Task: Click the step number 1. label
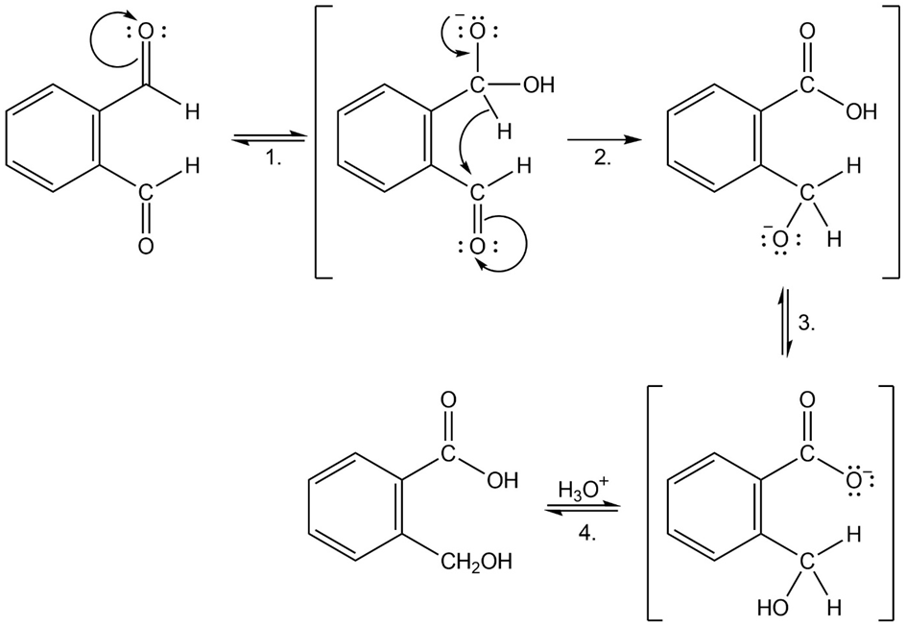click(274, 157)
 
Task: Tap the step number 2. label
click(603, 157)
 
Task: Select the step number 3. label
click(807, 323)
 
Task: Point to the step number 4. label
click(587, 533)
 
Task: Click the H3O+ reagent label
click(584, 489)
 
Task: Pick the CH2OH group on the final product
click(475, 562)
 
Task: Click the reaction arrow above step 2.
click(605, 140)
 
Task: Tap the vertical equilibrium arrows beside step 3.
click(784, 321)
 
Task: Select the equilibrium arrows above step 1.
click(268, 138)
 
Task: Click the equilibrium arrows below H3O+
click(583, 510)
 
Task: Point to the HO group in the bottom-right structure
click(773, 608)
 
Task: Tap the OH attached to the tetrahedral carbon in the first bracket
click(537, 85)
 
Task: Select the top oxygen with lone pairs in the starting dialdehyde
click(146, 33)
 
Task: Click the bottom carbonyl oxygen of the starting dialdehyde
click(146, 246)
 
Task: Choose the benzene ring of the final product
click(353, 506)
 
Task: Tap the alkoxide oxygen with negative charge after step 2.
click(780, 239)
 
